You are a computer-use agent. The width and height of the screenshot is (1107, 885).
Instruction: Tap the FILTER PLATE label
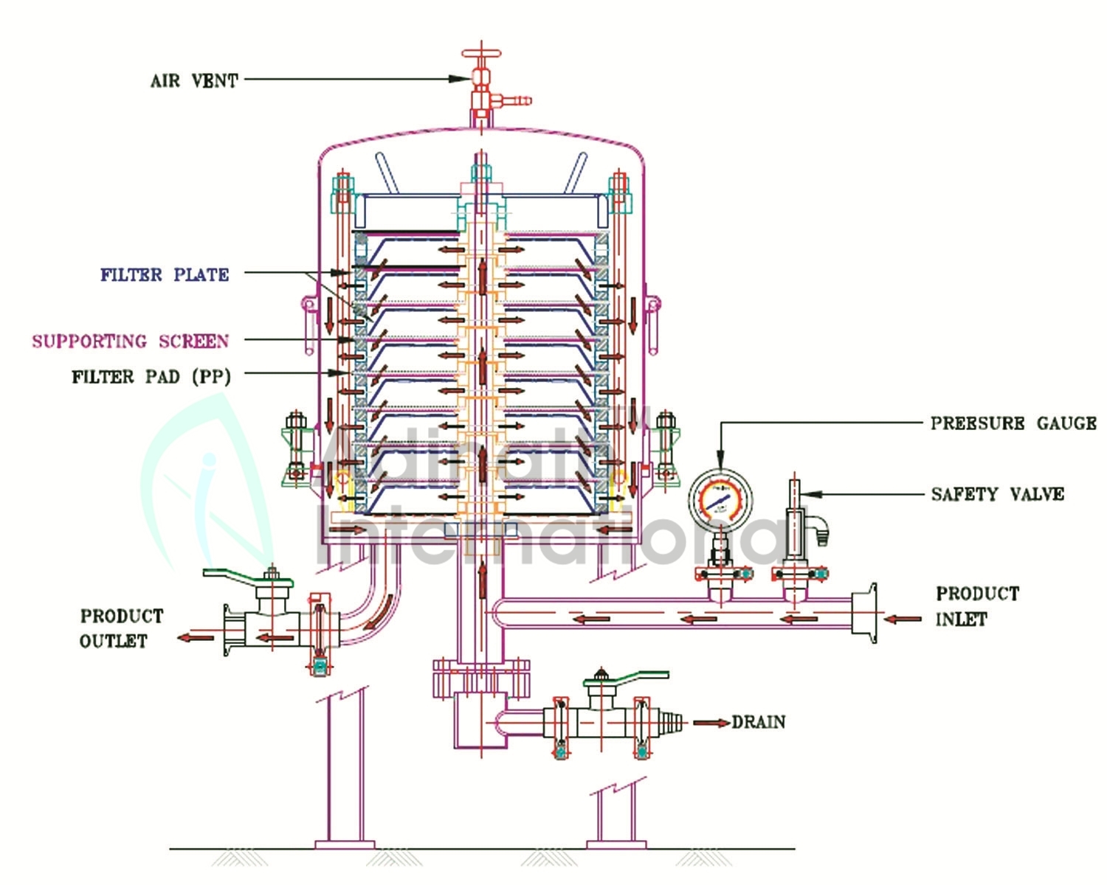[x=165, y=274]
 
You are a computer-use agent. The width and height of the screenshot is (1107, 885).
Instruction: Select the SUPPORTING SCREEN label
[x=130, y=341]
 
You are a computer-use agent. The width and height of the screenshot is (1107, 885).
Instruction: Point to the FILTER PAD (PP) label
[x=151, y=377]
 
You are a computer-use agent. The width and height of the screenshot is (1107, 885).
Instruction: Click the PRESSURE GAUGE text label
[x=1013, y=423]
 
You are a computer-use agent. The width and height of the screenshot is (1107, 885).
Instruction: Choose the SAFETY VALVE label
[x=997, y=494]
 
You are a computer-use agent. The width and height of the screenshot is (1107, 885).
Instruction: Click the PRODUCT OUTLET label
[x=121, y=628]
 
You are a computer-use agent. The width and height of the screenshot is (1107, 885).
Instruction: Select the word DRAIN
[x=759, y=722]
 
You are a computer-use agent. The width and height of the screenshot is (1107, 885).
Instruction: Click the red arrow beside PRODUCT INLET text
[x=903, y=619]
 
